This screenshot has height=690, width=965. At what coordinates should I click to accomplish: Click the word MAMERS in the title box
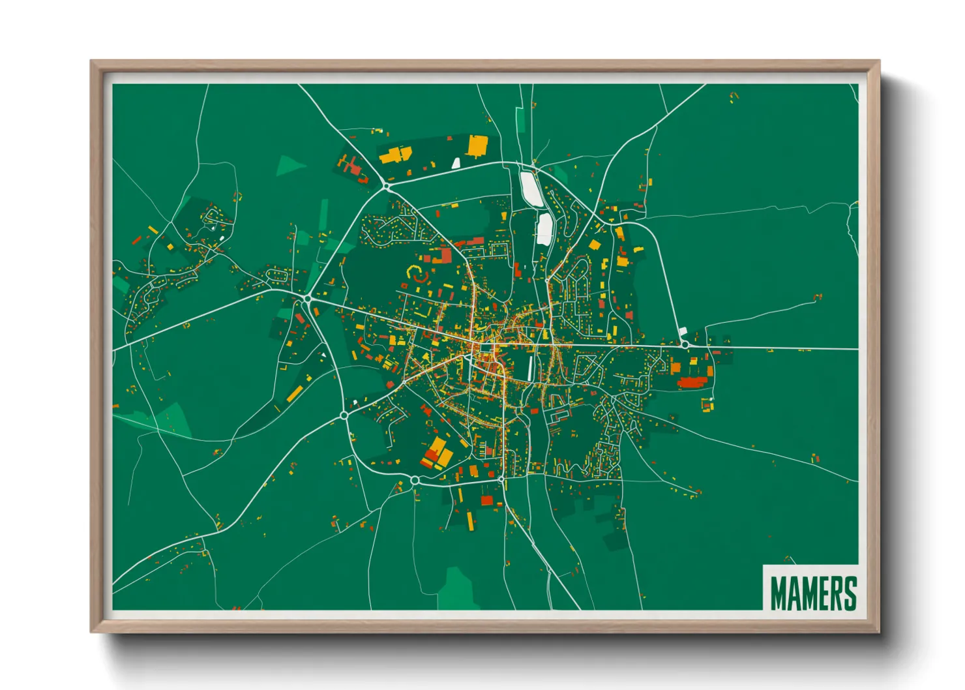coord(812,592)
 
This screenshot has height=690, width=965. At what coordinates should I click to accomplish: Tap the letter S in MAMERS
coord(849,592)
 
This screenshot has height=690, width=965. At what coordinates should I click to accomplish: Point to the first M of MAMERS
coord(779,592)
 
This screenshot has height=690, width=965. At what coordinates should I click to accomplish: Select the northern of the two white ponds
coord(530,188)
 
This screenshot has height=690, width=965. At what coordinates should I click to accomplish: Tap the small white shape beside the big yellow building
coord(456,162)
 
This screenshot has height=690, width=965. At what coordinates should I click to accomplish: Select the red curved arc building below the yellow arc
coord(421,279)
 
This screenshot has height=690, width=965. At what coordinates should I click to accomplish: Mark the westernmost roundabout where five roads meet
coord(308,299)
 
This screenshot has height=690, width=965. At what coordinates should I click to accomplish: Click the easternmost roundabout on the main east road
coord(685,344)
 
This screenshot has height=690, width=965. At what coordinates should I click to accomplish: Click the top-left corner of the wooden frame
coord(93,63)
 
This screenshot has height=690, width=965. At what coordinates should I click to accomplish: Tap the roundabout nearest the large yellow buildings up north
coord(387,187)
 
